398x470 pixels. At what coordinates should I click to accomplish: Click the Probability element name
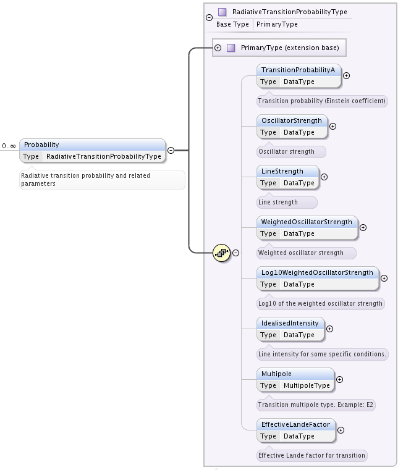pyautogui.click(x=42, y=145)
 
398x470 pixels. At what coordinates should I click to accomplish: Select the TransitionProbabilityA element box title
pyautogui.click(x=298, y=70)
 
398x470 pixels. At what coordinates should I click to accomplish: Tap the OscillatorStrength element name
pyautogui.click(x=292, y=120)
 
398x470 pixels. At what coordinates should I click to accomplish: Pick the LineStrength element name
pyautogui.click(x=282, y=171)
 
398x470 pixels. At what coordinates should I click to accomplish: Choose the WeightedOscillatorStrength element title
pyautogui.click(x=307, y=222)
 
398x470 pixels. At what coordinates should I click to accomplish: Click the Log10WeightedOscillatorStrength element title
pyautogui.click(x=317, y=272)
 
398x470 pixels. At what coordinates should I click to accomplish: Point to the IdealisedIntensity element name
pyautogui.click(x=290, y=323)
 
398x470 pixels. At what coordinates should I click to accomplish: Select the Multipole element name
pyautogui.click(x=276, y=374)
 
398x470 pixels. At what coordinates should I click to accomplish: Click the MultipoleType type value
pyautogui.click(x=307, y=385)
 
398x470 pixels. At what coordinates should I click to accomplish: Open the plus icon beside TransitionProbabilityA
pyautogui.click(x=346, y=76)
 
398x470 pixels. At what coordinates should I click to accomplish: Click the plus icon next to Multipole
pyautogui.click(x=339, y=380)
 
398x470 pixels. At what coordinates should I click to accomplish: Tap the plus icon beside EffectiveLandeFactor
pyautogui.click(x=341, y=430)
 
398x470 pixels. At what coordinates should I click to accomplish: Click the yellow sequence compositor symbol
pyautogui.click(x=221, y=253)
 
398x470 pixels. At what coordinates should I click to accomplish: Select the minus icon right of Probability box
pyautogui.click(x=171, y=150)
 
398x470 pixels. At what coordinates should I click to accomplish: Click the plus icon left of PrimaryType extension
pyautogui.click(x=218, y=48)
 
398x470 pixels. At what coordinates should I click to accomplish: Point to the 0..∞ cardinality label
pyautogui.click(x=9, y=146)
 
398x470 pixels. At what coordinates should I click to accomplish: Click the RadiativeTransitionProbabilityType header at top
pyautogui.click(x=289, y=12)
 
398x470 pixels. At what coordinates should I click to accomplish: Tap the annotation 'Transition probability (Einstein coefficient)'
pyautogui.click(x=322, y=101)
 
